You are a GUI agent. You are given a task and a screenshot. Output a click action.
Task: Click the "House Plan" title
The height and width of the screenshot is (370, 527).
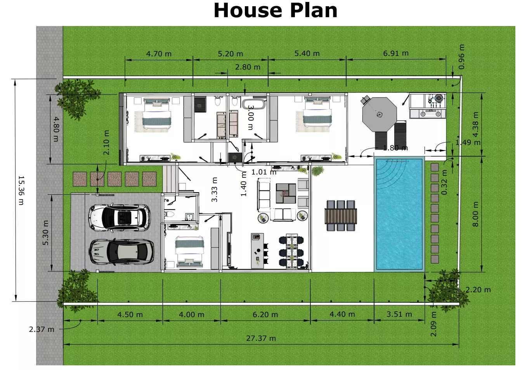276,10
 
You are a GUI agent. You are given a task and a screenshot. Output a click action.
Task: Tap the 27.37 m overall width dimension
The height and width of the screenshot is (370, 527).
261,339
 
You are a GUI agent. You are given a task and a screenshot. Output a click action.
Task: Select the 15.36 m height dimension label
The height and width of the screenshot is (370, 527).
21,190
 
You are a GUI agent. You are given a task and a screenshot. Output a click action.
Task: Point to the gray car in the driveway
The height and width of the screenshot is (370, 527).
121,252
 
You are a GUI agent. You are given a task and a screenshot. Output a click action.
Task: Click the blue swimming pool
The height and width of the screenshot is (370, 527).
399,214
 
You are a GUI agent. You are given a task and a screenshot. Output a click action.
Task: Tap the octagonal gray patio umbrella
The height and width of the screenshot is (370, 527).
379,115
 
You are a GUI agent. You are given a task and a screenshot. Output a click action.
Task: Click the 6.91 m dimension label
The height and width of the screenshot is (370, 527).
396,53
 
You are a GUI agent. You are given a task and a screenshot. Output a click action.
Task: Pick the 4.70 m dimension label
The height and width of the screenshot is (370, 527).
159,54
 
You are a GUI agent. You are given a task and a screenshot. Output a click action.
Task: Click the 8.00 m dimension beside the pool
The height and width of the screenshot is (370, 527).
476,214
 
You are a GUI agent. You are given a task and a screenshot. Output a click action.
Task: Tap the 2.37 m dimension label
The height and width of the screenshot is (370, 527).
42,329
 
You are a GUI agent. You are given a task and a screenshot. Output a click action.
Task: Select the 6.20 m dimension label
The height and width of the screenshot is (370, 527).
265,314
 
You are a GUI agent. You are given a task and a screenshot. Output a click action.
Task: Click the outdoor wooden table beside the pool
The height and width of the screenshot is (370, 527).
341,216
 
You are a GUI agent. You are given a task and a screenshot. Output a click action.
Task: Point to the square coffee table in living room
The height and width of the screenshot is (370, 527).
286,194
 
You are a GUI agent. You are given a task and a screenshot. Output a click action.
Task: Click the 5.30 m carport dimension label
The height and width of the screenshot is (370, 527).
45,233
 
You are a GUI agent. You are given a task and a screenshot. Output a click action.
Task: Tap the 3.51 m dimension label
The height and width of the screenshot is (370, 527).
399,314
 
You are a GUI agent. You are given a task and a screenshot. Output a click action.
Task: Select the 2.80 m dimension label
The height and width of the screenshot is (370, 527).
248,67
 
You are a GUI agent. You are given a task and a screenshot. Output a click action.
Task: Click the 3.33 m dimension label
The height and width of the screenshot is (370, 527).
214,190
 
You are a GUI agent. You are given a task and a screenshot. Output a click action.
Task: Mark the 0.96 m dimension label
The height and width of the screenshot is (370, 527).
461,57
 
